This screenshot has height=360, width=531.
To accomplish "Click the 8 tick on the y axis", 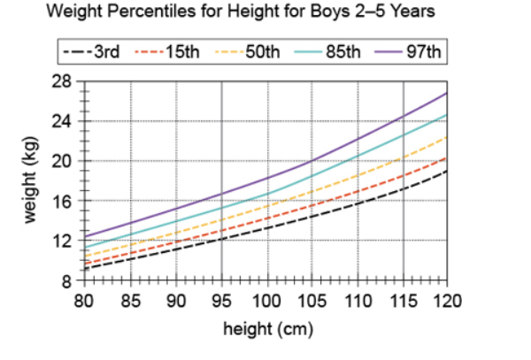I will (x=66, y=281).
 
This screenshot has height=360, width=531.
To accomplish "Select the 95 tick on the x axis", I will (x=219, y=301).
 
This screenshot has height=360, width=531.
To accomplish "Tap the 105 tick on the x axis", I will (x=311, y=301).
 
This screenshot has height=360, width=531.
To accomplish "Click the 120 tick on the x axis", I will (x=447, y=301).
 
